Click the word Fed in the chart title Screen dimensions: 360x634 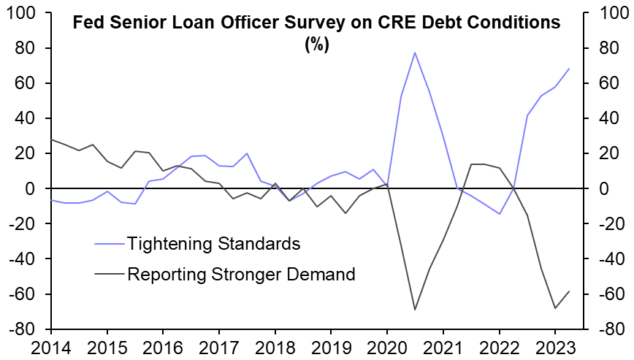87,23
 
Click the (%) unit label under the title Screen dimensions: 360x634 316,44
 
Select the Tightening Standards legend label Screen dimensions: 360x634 213,242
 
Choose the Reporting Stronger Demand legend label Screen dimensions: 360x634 241,275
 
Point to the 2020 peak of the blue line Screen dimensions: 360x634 415,53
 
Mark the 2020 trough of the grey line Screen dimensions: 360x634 415,310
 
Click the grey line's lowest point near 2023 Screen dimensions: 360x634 555,308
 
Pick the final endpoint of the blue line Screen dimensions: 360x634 569,69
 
